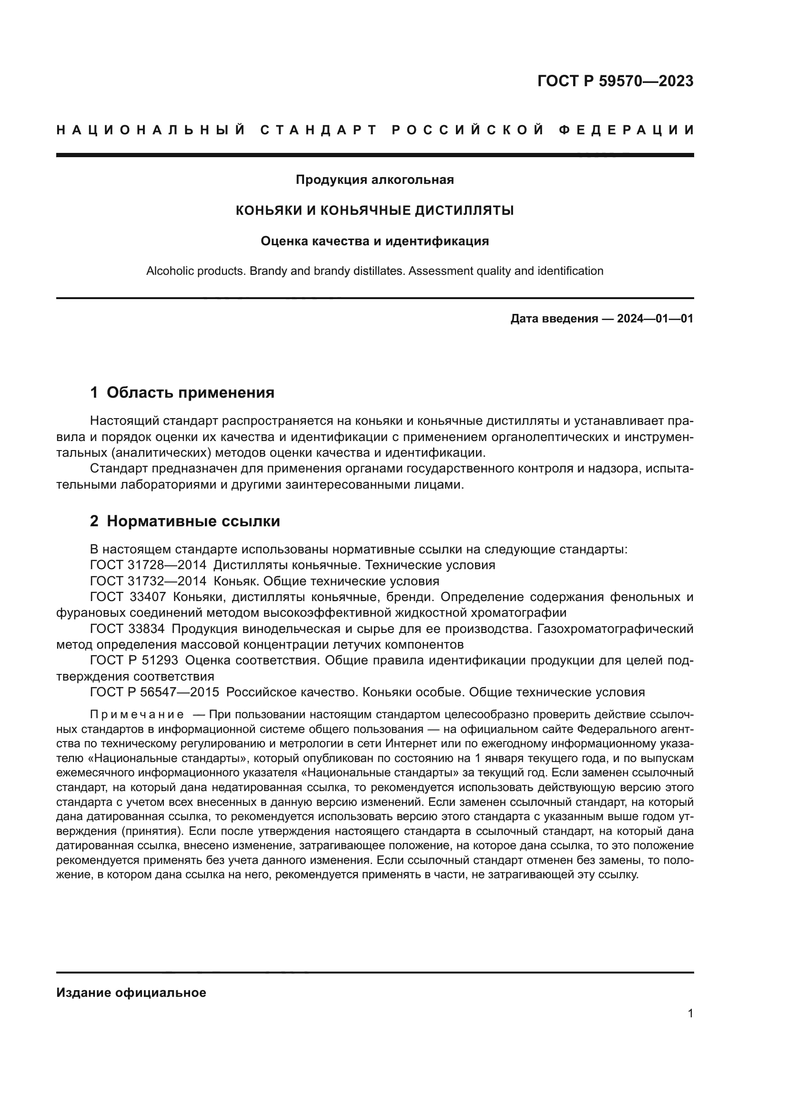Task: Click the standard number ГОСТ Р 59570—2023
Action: [615, 81]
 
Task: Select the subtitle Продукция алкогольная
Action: [374, 180]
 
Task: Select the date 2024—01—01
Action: [655, 319]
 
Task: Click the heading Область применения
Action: [190, 392]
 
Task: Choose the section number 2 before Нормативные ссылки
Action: [94, 521]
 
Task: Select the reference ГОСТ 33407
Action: [128, 597]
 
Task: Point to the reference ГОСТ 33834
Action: [128, 629]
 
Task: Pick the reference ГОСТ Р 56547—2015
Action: [154, 692]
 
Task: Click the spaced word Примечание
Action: [137, 715]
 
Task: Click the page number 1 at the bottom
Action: [690, 1013]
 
